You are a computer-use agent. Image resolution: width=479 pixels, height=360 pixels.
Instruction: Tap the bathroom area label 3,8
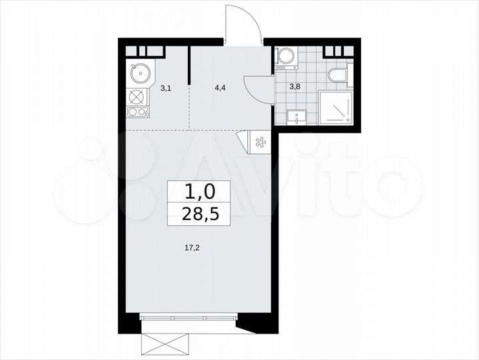tap(294, 85)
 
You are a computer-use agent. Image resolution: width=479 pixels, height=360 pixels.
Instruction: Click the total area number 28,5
tap(201, 215)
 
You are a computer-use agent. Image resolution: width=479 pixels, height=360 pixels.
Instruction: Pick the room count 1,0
tap(200, 192)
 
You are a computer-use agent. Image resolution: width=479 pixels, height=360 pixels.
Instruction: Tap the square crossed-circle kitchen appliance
tap(137, 95)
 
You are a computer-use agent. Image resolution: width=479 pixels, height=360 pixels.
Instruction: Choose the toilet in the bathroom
tap(338, 75)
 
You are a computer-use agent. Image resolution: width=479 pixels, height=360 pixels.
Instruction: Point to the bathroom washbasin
tap(296, 117)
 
